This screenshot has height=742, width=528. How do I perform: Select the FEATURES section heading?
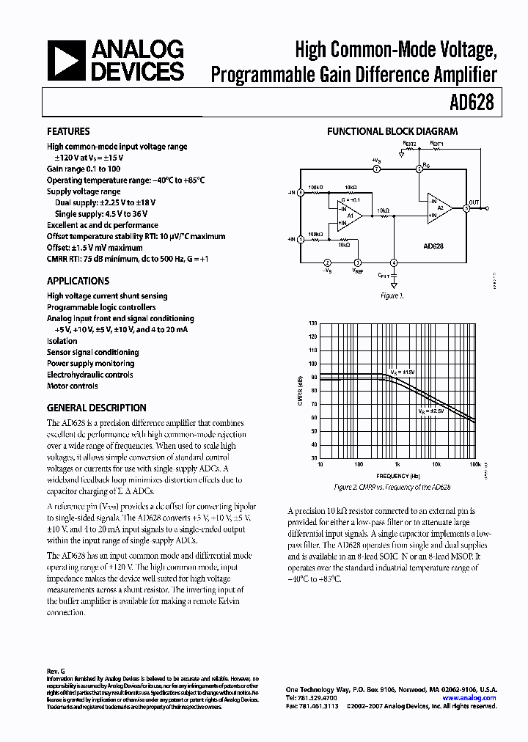(x=68, y=131)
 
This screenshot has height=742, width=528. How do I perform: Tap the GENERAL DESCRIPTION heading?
(x=96, y=408)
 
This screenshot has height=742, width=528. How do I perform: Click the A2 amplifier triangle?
(x=441, y=208)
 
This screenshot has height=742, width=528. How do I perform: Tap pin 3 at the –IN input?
(x=301, y=193)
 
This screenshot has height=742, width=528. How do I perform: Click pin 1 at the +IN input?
(x=301, y=239)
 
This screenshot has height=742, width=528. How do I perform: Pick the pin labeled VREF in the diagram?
(x=358, y=263)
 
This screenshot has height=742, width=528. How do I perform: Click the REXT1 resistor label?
(x=437, y=144)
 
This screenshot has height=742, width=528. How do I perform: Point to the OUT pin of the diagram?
(x=467, y=207)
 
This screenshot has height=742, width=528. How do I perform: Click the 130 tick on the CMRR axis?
(x=313, y=323)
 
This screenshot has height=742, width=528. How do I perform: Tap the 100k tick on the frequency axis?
(x=474, y=465)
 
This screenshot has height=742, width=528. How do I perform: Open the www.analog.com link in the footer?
(x=469, y=698)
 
